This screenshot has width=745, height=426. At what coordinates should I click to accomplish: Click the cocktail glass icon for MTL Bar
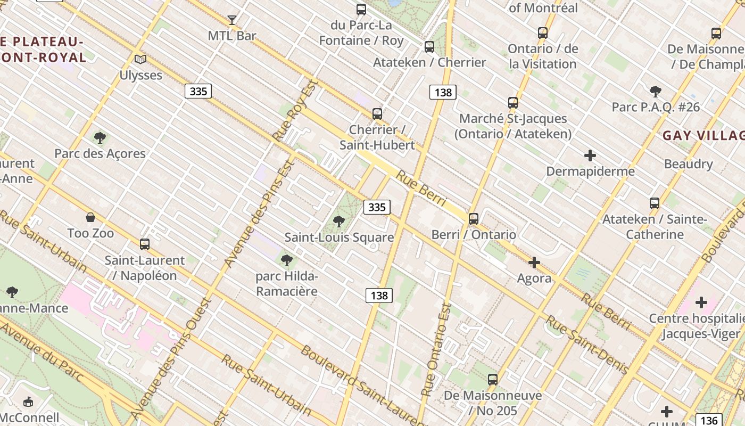pyautogui.click(x=232, y=20)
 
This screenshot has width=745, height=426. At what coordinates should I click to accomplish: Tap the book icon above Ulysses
pyautogui.click(x=140, y=59)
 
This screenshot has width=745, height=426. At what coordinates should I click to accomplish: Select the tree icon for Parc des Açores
pyautogui.click(x=100, y=138)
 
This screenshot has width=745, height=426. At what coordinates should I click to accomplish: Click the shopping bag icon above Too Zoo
pyautogui.click(x=90, y=217)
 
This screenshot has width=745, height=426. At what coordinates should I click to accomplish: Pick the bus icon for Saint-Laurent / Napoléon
pyautogui.click(x=145, y=244)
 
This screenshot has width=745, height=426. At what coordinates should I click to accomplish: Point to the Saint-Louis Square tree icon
pyautogui.click(x=339, y=222)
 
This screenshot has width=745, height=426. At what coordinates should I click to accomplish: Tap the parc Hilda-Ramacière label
pyautogui.click(x=286, y=284)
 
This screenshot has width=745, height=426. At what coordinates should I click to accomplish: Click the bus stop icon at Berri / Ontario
pyautogui.click(x=474, y=218)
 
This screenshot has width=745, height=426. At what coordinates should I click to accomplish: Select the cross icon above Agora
pyautogui.click(x=534, y=263)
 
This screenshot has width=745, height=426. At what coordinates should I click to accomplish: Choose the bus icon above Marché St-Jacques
pyautogui.click(x=513, y=103)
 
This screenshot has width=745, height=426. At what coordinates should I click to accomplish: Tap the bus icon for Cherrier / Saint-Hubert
pyautogui.click(x=377, y=113)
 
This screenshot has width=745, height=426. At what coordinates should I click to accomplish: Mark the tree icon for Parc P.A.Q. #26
pyautogui.click(x=656, y=92)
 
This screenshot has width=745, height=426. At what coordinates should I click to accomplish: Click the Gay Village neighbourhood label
pyautogui.click(x=702, y=135)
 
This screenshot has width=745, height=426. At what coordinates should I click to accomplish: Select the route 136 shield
pyautogui.click(x=709, y=420)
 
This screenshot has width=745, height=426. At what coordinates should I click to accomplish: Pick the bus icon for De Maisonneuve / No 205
pyautogui.click(x=493, y=380)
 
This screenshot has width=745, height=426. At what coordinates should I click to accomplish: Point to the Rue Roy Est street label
pyautogui.click(x=295, y=111)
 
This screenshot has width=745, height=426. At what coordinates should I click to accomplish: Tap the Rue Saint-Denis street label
pyautogui.click(x=587, y=345)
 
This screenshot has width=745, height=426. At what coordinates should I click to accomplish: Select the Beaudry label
pyautogui.click(x=688, y=163)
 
